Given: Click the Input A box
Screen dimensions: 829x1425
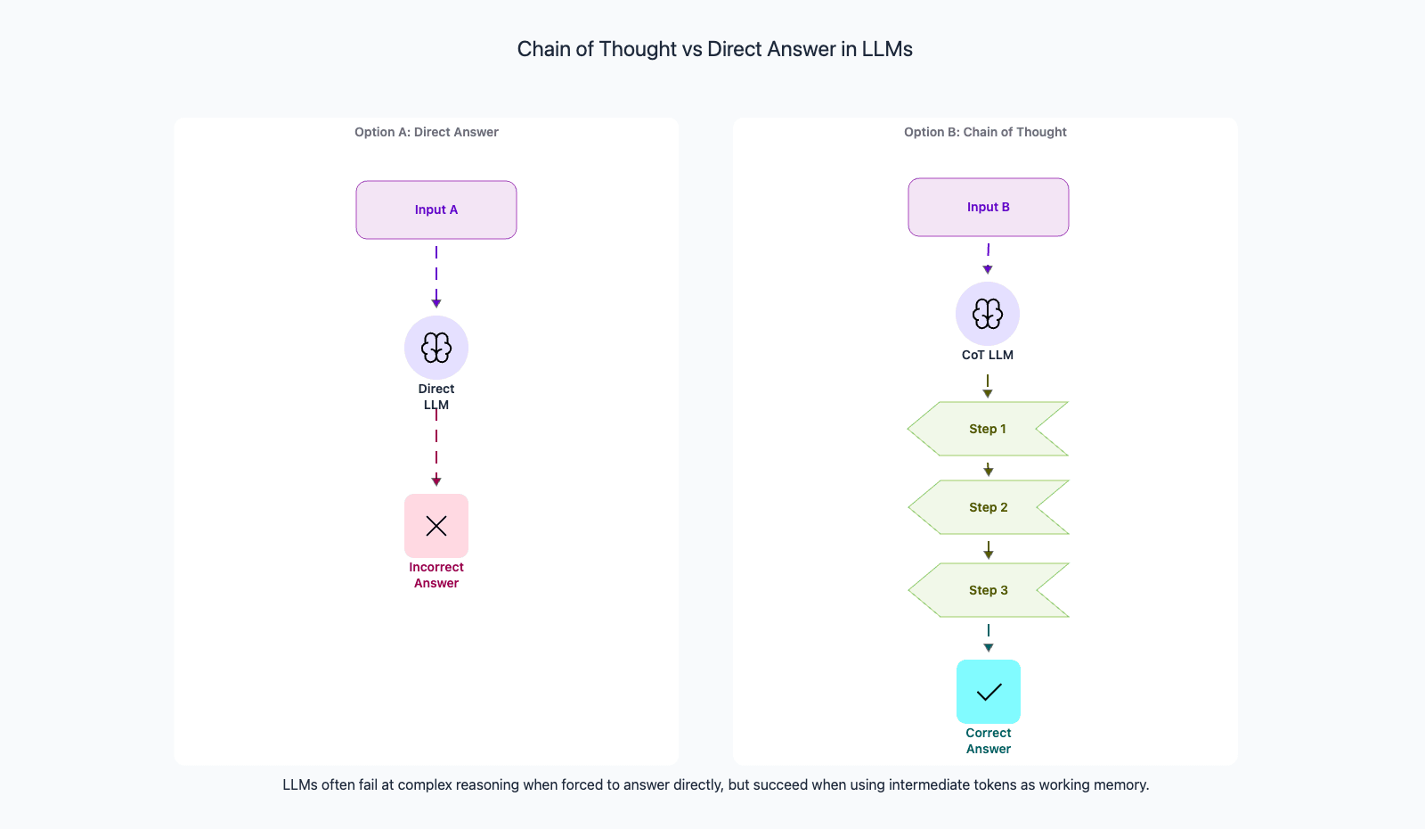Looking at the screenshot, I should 436,210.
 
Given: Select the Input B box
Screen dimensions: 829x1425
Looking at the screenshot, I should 989,207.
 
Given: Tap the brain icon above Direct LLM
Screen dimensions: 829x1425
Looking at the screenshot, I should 436,348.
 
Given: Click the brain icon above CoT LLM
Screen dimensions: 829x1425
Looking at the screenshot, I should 988,314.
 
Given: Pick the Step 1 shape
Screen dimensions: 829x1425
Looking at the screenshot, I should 988,429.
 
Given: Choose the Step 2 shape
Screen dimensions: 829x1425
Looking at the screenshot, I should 989,507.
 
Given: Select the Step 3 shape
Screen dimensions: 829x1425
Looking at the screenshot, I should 989,590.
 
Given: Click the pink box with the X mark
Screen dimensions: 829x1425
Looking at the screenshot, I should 436,526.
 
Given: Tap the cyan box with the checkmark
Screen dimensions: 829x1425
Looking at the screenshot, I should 989,692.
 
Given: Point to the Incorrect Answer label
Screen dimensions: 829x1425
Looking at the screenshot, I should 436,575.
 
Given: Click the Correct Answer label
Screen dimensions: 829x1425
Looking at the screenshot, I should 989,741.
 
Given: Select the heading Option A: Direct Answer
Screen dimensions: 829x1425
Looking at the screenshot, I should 427,132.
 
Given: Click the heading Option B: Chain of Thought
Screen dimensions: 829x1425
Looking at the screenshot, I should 985,132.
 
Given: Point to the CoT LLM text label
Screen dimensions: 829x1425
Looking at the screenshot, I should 988,355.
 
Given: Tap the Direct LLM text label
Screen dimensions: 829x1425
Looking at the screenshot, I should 436,397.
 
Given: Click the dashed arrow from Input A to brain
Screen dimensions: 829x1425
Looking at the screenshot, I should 436,276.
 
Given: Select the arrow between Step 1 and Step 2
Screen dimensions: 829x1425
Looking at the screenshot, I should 989,468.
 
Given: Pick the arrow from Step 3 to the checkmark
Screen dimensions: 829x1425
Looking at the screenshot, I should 989,638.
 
